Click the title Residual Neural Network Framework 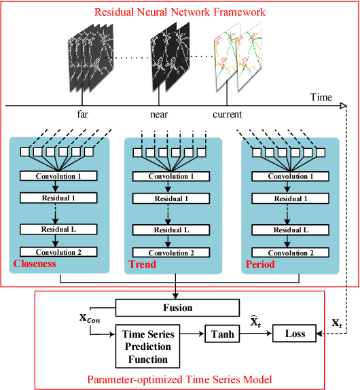(180, 11)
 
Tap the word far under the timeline (84, 115)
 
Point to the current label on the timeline (226, 115)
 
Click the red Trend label (141, 264)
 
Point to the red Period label (259, 264)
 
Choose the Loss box (294, 334)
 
